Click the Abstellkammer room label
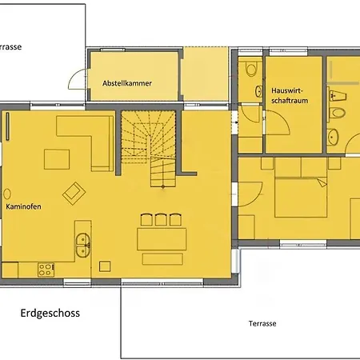[127, 83]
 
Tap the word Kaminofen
[23, 206]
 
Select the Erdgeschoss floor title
[50, 313]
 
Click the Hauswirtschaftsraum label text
[290, 95]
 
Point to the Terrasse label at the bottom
[262, 323]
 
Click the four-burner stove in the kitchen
[46, 270]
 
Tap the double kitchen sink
[82, 246]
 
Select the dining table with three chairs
[162, 239]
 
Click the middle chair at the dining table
[161, 219]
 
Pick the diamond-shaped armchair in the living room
[74, 194]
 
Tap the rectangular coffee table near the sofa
[57, 159]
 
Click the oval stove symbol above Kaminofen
[7, 194]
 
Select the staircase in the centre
[149, 148]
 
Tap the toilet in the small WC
[250, 69]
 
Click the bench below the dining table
[162, 259]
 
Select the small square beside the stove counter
[105, 266]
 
